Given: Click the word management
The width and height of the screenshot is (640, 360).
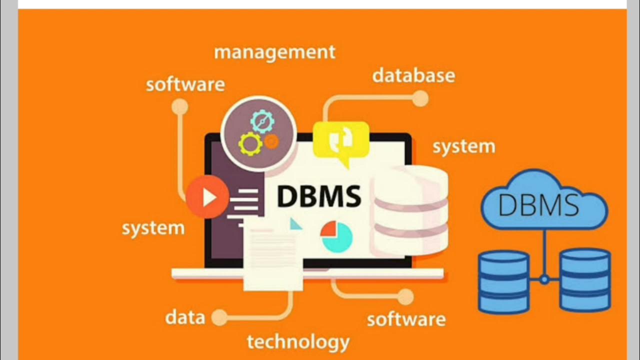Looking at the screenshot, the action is tap(274, 52).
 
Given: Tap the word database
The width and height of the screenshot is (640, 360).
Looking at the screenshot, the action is tap(413, 75).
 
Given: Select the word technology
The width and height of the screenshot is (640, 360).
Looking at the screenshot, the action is tap(298, 342).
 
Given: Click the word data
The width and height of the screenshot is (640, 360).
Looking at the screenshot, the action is tap(185, 317).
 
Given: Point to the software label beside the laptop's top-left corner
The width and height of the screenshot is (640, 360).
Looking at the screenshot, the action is tap(185, 84).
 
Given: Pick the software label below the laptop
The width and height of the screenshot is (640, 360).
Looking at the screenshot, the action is tap(406, 319).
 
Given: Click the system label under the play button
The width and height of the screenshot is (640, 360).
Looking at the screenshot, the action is tap(153, 228).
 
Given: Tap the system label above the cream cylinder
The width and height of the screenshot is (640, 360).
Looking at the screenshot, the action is tap(463, 146).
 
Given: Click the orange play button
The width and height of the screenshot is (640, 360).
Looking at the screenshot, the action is tap(207, 197).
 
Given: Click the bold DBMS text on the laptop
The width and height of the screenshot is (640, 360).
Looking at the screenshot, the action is tap(318, 196).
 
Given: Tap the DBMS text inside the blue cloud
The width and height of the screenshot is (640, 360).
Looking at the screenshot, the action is tap(538, 205).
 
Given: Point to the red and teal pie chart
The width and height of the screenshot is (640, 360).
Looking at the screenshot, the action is tap(336, 236).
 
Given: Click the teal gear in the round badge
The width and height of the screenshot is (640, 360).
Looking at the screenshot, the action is tap(262, 121).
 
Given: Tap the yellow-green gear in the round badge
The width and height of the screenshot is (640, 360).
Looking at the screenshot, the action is tap(250, 143).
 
